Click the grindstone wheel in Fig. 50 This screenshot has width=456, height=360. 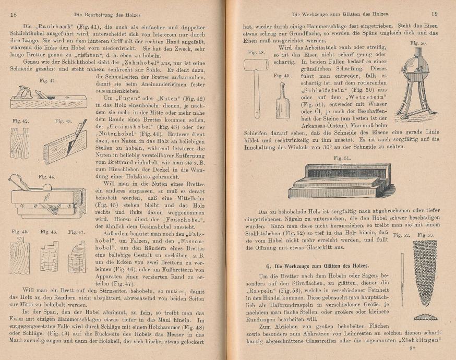[416, 68]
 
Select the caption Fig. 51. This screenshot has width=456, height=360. [342, 157]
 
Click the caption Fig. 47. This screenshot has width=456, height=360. [77, 232]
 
